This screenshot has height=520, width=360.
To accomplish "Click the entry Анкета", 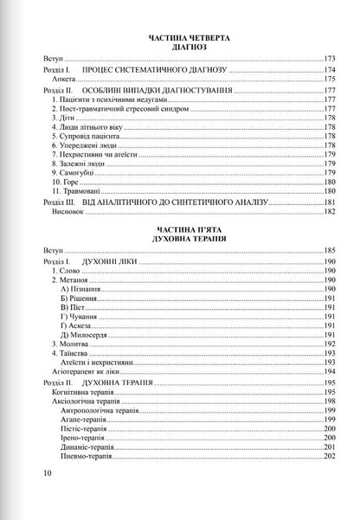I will pyautogui.click(x=62, y=79).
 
